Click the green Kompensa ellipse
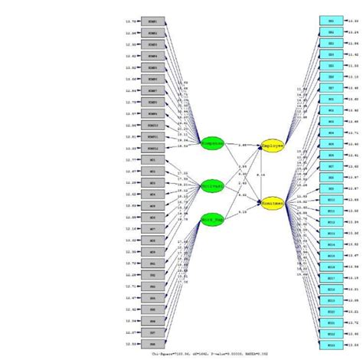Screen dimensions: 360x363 (x=211, y=143)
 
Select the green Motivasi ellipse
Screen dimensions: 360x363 (x=211, y=186)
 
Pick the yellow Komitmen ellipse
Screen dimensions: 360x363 (x=273, y=205)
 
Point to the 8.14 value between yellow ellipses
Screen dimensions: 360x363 (x=261, y=175)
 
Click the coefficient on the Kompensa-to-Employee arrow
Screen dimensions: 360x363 (x=242, y=144)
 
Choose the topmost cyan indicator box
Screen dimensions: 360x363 (x=331, y=21)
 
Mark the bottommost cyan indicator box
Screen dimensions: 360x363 (x=331, y=345)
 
